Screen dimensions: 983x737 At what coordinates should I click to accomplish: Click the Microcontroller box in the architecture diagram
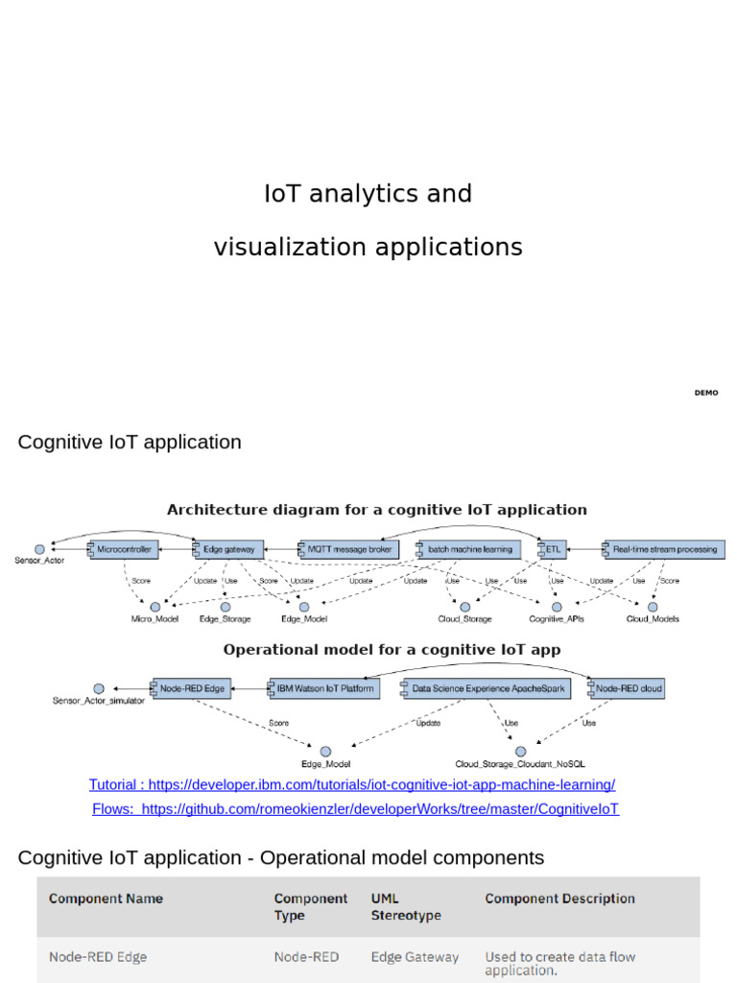124,549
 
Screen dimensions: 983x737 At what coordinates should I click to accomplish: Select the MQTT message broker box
346,549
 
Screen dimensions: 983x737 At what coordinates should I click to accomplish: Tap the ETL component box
553,549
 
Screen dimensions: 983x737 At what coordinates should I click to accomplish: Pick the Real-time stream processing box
662,549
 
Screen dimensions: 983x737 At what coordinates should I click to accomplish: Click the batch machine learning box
468,549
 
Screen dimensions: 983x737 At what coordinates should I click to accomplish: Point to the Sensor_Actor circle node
39,549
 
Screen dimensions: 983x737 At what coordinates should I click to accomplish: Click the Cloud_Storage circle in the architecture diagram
465,607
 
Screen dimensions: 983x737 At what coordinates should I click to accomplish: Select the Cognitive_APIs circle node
557,607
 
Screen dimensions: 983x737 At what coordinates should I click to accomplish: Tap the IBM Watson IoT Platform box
323,688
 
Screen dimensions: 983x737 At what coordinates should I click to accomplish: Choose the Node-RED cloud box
626,688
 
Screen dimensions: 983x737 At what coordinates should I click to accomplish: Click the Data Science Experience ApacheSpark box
487,688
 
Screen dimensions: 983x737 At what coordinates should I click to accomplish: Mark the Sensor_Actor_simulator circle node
98,688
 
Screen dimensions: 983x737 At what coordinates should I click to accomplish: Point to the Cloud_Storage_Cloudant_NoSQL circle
520,752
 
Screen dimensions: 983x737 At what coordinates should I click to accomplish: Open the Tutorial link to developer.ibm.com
352,785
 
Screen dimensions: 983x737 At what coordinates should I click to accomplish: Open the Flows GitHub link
356,809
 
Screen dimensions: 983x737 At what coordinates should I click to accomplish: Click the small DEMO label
706,393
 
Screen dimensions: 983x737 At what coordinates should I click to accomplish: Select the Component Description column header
559,899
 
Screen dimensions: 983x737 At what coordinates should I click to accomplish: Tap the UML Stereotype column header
406,907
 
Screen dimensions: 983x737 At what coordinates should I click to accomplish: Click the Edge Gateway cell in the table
415,957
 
